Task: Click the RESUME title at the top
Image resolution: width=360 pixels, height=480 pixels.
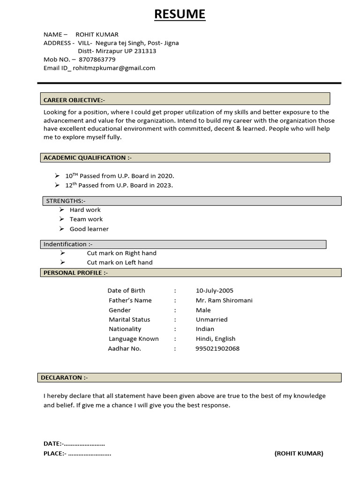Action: point(180,15)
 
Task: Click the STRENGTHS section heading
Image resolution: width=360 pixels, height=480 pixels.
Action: point(66,201)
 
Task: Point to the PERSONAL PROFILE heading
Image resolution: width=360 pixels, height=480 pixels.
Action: point(75,272)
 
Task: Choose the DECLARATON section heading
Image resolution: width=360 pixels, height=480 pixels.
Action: point(64,377)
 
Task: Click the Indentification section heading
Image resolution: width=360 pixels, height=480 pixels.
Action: point(68,244)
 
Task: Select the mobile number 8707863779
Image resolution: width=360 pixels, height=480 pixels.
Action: point(97,60)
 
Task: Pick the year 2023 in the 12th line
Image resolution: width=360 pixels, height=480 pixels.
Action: point(165,185)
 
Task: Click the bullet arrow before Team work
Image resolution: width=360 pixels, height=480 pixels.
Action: point(61,219)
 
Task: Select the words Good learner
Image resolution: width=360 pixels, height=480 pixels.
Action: point(89,229)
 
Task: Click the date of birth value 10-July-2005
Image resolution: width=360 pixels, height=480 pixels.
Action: point(214,291)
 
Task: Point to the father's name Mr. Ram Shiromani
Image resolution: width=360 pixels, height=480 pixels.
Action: point(224,300)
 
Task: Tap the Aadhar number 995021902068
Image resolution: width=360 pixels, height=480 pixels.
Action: point(217,348)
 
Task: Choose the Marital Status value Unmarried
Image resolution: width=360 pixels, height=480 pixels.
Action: point(211,320)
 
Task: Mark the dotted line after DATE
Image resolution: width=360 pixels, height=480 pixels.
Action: point(84,444)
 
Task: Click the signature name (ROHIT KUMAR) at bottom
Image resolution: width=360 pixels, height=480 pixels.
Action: point(299,453)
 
